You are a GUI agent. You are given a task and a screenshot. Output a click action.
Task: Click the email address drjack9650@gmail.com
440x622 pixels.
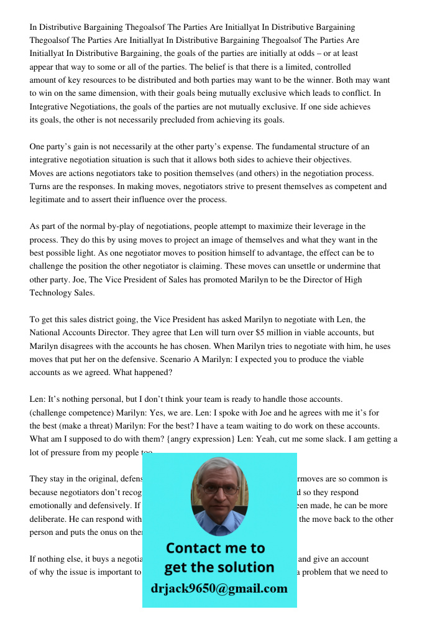(x=219, y=588)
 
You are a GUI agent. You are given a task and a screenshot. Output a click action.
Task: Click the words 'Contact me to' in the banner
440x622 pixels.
(x=216, y=548)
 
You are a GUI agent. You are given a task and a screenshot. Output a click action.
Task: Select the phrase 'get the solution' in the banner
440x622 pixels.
(x=219, y=567)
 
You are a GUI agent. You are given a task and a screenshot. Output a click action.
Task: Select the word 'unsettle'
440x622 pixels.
(x=318, y=266)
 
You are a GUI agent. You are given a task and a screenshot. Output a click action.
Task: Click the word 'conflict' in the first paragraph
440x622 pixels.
(x=356, y=93)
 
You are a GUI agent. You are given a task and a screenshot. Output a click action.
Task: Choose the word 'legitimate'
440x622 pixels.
(x=49, y=200)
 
